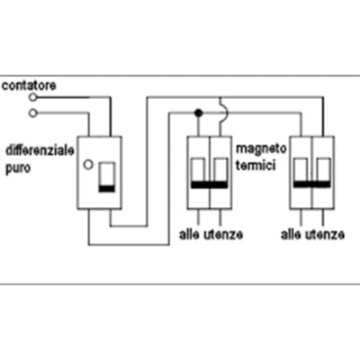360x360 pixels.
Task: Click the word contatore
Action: [29, 85]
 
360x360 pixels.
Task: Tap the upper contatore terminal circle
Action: [32, 97]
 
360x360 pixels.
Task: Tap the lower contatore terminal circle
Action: [32, 113]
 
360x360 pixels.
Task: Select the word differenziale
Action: [40, 150]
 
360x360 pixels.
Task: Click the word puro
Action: [18, 168]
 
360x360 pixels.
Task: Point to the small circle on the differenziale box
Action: [88, 165]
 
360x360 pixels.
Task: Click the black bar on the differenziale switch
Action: [107, 189]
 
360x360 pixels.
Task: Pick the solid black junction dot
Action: [198, 113]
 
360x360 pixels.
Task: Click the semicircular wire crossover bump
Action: [224, 113]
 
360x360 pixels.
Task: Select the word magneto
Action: [261, 149]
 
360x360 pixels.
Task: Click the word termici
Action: [256, 166]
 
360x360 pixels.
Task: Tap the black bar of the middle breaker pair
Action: [209, 184]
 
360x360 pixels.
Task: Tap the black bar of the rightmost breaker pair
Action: [311, 184]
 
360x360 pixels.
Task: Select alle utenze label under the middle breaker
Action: [211, 235]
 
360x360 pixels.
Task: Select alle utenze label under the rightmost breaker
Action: [312, 235]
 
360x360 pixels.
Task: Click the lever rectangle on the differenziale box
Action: [107, 177]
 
